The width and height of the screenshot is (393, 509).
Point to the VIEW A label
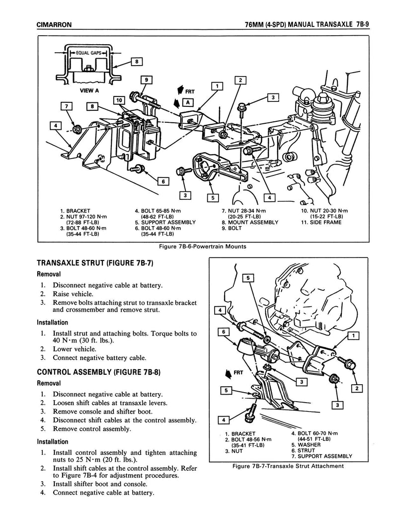click(x=89, y=91)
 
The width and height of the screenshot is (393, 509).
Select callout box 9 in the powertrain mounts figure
click(x=146, y=80)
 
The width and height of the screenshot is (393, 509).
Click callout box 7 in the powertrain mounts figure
click(x=67, y=105)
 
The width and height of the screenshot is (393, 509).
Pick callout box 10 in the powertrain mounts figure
click(x=119, y=100)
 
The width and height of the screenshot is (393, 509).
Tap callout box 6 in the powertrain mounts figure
click(x=160, y=181)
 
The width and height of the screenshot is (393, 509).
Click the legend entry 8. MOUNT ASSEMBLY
click(x=250, y=222)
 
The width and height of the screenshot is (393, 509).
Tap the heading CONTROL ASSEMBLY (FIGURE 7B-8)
click(x=100, y=371)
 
